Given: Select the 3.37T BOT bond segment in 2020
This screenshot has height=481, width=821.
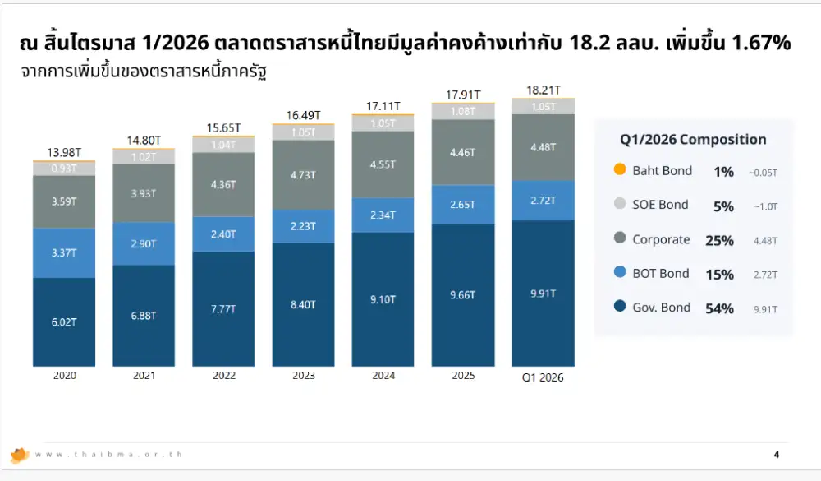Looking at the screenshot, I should pyautogui.click(x=64, y=252).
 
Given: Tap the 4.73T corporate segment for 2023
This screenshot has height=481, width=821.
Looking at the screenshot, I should pyautogui.click(x=305, y=174).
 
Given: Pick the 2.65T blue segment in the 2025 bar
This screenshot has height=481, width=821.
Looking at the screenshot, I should pyautogui.click(x=463, y=205).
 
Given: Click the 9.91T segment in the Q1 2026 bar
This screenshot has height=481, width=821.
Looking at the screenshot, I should pyautogui.click(x=543, y=292).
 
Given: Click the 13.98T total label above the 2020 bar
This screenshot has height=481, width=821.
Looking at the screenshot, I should pyautogui.click(x=64, y=152).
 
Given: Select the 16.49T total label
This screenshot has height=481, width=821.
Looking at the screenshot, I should pyautogui.click(x=305, y=115).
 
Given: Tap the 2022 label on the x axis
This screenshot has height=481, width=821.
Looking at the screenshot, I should pyautogui.click(x=224, y=376).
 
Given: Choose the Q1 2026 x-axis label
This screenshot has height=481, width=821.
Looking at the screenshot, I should pyautogui.click(x=543, y=378).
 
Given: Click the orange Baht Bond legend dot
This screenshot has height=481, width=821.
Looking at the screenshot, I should pyautogui.click(x=619, y=170).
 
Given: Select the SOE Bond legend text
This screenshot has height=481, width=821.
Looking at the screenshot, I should pyautogui.click(x=660, y=205).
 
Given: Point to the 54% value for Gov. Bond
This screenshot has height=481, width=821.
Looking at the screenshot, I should pyautogui.click(x=719, y=308).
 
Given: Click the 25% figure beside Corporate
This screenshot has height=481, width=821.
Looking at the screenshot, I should pyautogui.click(x=719, y=240).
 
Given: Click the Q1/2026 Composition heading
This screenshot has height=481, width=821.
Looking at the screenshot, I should pyautogui.click(x=692, y=140).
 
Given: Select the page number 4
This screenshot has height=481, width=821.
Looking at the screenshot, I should pyautogui.click(x=777, y=455).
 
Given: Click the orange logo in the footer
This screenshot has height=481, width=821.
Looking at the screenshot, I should pyautogui.click(x=20, y=455).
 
